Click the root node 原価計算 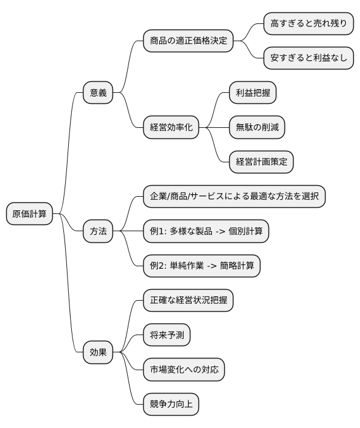coord(29,214)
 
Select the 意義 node coord(98,93)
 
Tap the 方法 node coord(98,231)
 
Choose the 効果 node coord(98,352)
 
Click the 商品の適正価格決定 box coord(188,41)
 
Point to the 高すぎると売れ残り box coord(308,24)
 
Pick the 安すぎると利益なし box coord(308,58)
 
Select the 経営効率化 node coord(171,127)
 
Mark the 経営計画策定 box coord(261,162)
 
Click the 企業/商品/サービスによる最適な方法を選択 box coord(234,197)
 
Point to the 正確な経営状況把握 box coord(188,301)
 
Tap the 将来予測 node coord(166,335)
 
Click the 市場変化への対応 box coord(184,370)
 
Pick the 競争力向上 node coord(171,404)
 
